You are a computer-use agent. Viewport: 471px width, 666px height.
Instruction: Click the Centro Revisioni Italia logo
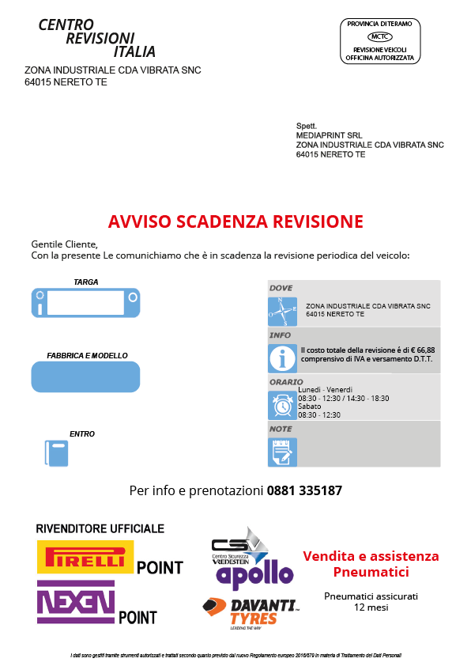[97, 38]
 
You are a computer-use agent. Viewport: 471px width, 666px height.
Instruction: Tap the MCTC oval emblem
[380, 36]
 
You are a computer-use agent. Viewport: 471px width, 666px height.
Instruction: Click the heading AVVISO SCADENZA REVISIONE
[236, 221]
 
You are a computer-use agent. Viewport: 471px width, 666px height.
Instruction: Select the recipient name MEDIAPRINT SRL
[329, 135]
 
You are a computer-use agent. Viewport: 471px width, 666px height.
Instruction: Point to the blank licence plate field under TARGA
[85, 303]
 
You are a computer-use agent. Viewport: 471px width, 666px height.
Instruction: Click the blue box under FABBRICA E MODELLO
[85, 376]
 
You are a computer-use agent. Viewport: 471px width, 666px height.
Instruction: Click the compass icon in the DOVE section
[282, 311]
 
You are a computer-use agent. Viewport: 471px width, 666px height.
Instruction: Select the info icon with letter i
[282, 358]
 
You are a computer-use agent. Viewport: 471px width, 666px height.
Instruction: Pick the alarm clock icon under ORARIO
[282, 406]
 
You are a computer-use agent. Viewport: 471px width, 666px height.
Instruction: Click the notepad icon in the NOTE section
[282, 452]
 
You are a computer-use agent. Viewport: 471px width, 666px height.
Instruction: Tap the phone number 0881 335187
[304, 490]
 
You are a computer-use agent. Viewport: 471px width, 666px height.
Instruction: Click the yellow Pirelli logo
[85, 557]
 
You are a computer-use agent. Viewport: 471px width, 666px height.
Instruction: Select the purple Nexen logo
[76, 601]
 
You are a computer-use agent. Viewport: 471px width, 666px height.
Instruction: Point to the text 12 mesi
[371, 607]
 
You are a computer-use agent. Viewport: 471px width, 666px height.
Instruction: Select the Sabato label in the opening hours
[309, 406]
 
